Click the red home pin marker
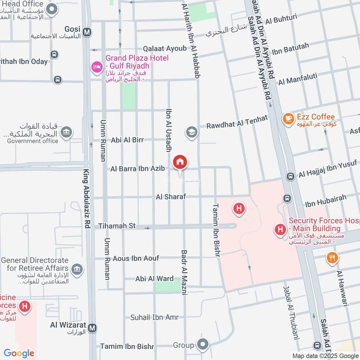(180, 162)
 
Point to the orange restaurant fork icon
(332, 257)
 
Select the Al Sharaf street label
(171, 197)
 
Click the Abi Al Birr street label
(127, 140)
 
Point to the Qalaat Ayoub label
(164, 48)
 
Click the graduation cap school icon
(192, 133)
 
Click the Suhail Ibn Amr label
(154, 317)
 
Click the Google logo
(19, 353)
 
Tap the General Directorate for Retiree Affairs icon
(77, 269)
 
